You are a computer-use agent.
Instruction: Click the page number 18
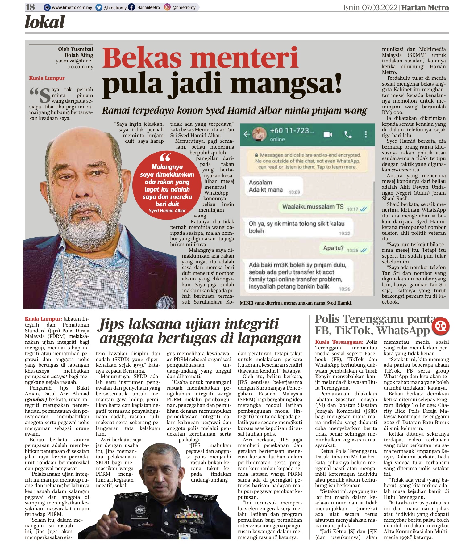click(30, 7)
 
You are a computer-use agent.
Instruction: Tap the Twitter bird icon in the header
click(99, 7)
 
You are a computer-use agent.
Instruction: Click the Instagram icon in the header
click(167, 7)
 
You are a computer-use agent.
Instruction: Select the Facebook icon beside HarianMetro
click(131, 7)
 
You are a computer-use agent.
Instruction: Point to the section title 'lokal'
click(45, 23)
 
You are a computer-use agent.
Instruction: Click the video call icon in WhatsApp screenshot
click(328, 134)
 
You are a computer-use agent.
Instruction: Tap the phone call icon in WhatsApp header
click(348, 134)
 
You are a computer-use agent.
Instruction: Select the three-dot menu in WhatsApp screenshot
click(366, 134)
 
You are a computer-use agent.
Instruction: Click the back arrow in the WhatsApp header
click(247, 134)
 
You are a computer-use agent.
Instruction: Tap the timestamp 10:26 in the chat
click(344, 289)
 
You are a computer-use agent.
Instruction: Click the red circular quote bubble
click(167, 186)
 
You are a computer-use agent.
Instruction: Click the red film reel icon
click(440, 326)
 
